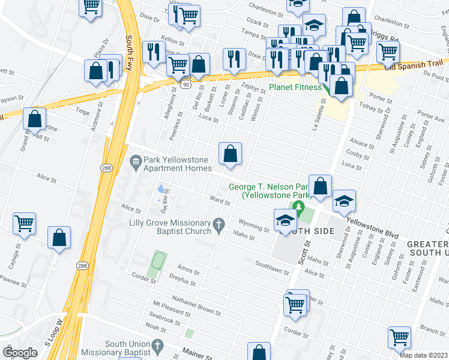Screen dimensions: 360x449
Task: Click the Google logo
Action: [20, 353]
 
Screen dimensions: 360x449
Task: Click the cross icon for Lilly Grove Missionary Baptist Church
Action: [220, 227]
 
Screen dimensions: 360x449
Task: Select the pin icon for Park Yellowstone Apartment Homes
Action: [136, 160]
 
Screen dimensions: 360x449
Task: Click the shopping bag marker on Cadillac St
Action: [230, 154]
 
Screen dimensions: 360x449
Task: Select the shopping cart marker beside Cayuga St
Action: [25, 223]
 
